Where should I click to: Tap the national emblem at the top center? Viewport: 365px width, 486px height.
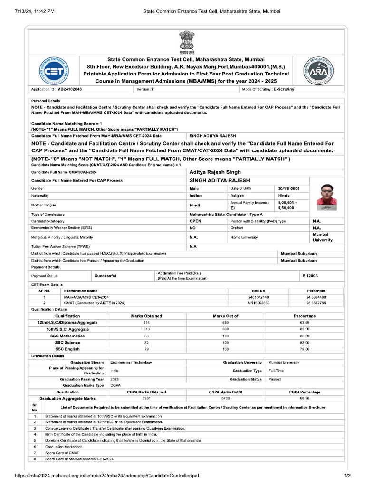(183, 42)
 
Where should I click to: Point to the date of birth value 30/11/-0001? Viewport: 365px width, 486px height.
(290, 188)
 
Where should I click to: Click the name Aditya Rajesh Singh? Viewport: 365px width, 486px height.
(215, 172)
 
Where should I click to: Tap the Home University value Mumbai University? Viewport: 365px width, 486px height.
(323, 237)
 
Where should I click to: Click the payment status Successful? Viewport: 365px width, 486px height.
(106, 276)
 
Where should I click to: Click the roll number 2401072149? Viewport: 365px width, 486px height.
(258, 297)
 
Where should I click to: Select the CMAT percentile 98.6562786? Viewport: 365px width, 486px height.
(316, 303)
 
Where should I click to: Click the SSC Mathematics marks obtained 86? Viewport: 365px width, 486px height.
(146, 336)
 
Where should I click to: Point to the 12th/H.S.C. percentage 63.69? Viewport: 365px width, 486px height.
(305, 323)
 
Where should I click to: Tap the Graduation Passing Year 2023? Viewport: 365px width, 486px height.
(115, 379)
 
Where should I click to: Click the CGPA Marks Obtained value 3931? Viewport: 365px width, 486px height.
(146, 399)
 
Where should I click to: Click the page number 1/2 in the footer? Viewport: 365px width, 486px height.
(347, 476)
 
